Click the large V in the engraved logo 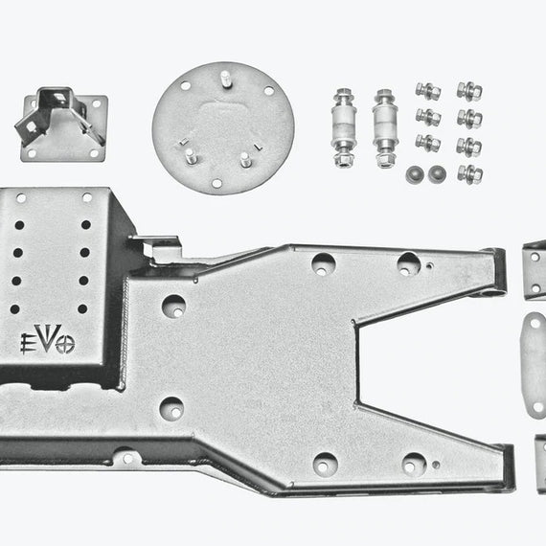(44, 338)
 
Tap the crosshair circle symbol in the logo (65, 345)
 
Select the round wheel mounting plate (223, 128)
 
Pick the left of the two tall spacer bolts (344, 127)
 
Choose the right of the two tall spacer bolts (385, 128)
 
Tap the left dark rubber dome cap (415, 174)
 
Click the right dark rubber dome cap (438, 173)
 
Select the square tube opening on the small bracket (57, 99)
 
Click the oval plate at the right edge (534, 365)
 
